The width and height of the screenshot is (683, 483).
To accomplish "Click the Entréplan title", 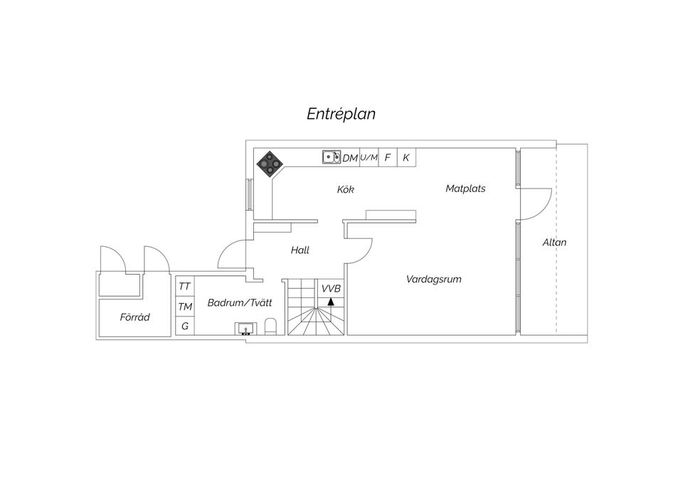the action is pos(341,114).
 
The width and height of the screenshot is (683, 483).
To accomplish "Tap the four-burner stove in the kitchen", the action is pos(270,164).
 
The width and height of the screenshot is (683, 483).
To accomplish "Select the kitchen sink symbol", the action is pos(331,156).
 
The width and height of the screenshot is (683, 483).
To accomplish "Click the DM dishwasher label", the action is pos(350,158).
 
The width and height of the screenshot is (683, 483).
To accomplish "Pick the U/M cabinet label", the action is pos(369,157).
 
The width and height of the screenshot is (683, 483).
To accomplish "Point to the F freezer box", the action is pos(388,157).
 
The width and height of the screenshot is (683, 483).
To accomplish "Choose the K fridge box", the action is pos(406,157).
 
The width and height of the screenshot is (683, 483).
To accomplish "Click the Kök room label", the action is pos(346,189).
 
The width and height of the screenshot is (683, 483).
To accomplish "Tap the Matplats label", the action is pos(465,189).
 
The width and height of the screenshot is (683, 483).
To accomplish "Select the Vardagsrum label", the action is pos(433,279).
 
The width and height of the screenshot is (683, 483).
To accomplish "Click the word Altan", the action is pos(554,242).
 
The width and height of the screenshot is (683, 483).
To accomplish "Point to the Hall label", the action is pos(300,250).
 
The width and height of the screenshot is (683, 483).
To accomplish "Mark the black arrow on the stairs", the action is pos(331,302).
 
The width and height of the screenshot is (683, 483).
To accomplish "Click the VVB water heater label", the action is pos(331,288).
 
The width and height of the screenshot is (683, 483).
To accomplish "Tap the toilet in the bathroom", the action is pos(270,327).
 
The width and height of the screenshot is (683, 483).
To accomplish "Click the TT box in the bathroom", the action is pos(185,286).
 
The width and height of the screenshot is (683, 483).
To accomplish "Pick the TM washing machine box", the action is pos(185,307).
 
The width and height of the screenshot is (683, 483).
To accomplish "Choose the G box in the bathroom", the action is pos(185,327).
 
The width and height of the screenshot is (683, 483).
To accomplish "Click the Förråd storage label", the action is pos(134,317).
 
